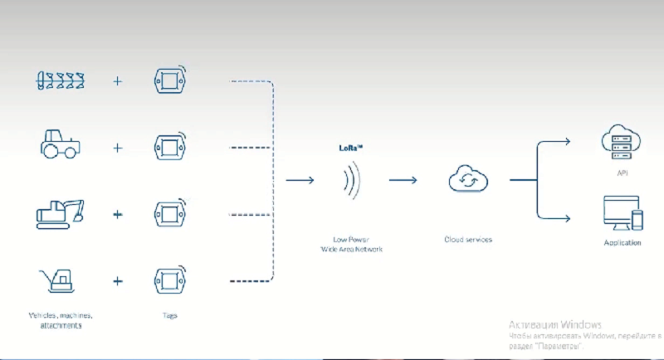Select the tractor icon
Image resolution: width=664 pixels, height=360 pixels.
pos(61,144)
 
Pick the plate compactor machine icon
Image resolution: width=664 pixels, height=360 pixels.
pos(61,280)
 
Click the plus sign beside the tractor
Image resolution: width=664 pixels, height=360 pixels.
pos(117,148)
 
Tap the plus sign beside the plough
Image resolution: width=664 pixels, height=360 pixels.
pos(117,81)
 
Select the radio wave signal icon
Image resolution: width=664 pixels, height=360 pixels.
pos(353,180)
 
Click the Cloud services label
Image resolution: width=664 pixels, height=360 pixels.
pos(468,240)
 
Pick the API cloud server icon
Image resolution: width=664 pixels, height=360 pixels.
pos(622,141)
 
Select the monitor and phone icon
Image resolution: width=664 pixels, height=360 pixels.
pos(622,213)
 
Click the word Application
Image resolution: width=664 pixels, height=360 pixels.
pos(622,242)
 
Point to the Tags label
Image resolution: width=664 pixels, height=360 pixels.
pos(169,315)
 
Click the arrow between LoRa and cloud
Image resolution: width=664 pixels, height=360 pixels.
pos(403,180)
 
